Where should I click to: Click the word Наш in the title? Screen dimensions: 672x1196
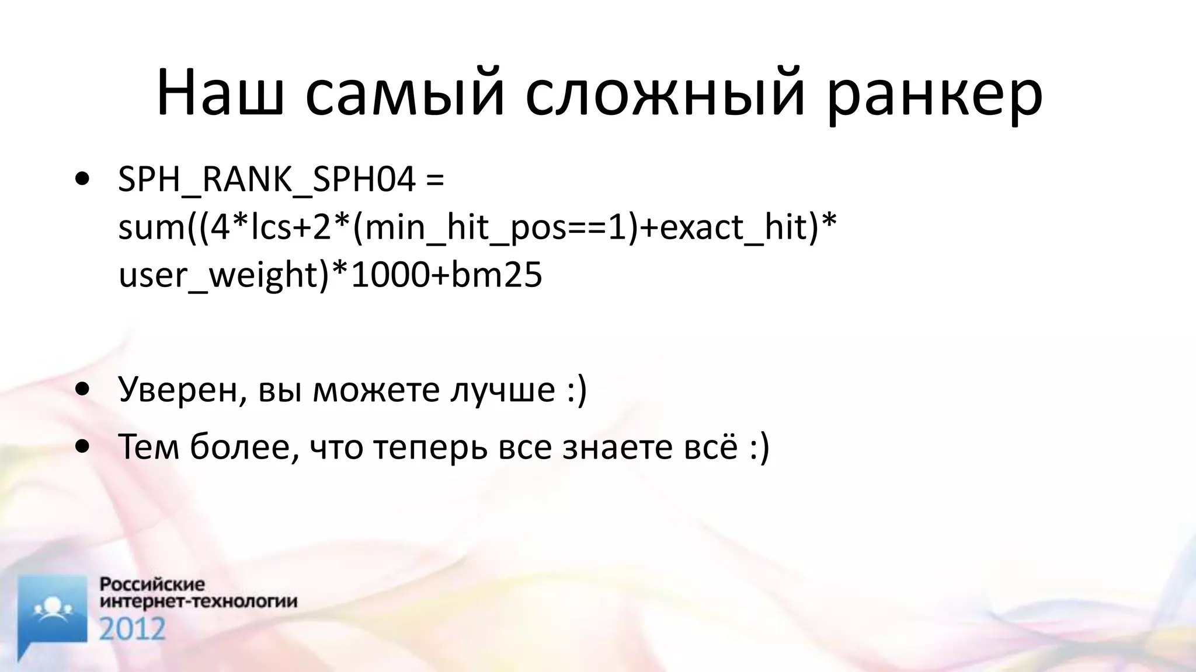(x=221, y=93)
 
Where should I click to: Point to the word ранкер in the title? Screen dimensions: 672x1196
(x=934, y=93)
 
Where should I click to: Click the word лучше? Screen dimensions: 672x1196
(x=502, y=389)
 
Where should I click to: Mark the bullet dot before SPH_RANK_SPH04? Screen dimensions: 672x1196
(x=82, y=179)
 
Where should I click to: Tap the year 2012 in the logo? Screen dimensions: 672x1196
(x=133, y=629)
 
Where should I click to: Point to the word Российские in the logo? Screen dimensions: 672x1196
(x=152, y=584)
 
